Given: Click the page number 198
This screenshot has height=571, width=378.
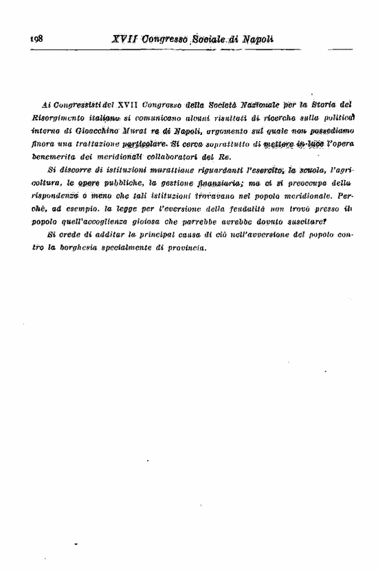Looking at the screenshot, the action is pyautogui.click(x=36, y=39).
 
